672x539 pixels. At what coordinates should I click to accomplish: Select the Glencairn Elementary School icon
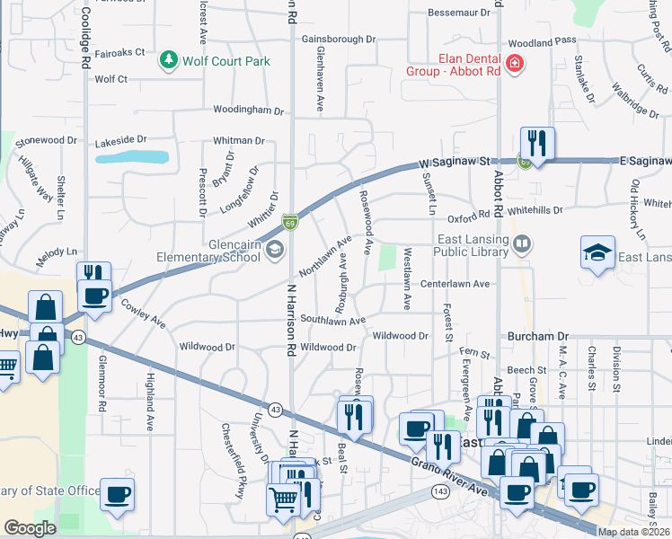click(x=275, y=249)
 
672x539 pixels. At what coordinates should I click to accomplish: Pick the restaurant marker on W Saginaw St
click(x=536, y=144)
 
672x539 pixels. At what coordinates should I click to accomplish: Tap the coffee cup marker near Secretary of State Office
click(x=117, y=493)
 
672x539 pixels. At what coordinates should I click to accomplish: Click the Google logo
click(x=30, y=528)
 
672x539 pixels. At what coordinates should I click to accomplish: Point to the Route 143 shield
click(x=440, y=491)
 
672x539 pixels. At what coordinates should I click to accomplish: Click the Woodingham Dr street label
click(x=248, y=110)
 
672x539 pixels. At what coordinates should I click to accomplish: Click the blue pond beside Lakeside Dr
click(x=132, y=157)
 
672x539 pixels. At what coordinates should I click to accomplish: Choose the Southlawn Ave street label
click(x=332, y=320)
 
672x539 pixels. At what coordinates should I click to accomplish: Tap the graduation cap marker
click(x=597, y=253)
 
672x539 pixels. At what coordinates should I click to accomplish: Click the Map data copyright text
click(x=633, y=532)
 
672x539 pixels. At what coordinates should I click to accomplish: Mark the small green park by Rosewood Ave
click(x=387, y=258)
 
